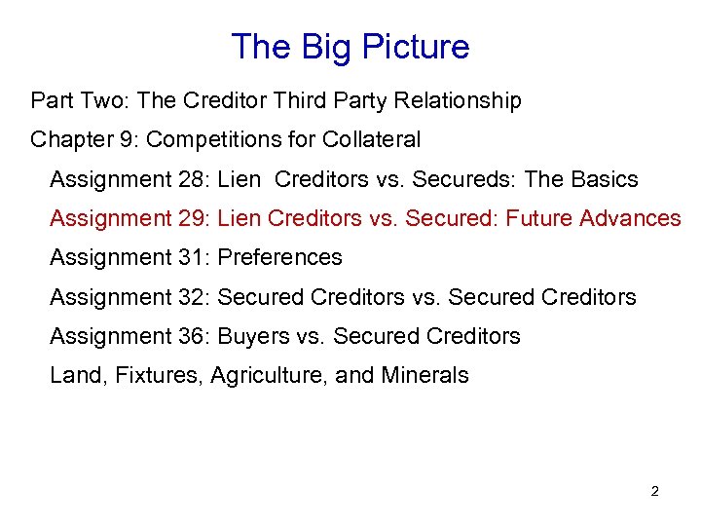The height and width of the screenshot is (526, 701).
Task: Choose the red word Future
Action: [x=539, y=219]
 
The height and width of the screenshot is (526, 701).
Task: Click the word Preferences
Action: [x=280, y=258]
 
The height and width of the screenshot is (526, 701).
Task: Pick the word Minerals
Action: [x=426, y=376]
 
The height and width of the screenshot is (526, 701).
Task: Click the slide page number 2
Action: [x=654, y=492]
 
